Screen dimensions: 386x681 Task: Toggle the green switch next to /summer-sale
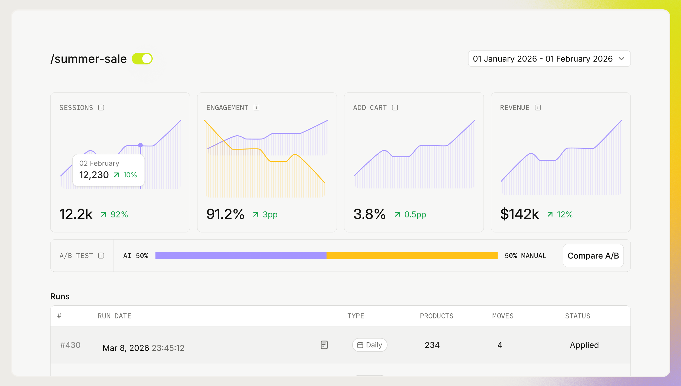click(142, 59)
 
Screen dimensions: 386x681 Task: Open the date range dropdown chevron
click(621, 59)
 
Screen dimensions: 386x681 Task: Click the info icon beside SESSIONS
click(101, 108)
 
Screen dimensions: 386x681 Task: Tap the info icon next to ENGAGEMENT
click(257, 108)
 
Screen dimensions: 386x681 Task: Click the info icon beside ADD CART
click(395, 108)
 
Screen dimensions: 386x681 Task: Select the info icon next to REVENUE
click(538, 108)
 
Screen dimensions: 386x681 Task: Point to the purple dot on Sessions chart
click(140, 145)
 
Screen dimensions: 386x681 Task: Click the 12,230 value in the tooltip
click(94, 175)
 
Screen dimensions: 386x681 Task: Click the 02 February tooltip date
click(99, 163)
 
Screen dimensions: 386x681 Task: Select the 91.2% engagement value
click(225, 214)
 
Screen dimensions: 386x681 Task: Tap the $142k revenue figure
click(519, 214)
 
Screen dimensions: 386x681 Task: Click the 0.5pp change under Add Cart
click(415, 214)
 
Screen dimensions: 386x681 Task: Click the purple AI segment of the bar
click(241, 255)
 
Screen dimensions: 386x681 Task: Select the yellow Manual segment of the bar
click(412, 255)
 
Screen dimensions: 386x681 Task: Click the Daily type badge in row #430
click(370, 345)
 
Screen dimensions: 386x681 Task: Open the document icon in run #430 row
click(324, 345)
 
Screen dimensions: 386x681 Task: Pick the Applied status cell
click(584, 345)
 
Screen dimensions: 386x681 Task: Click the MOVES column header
click(503, 316)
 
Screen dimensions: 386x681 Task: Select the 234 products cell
click(432, 345)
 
